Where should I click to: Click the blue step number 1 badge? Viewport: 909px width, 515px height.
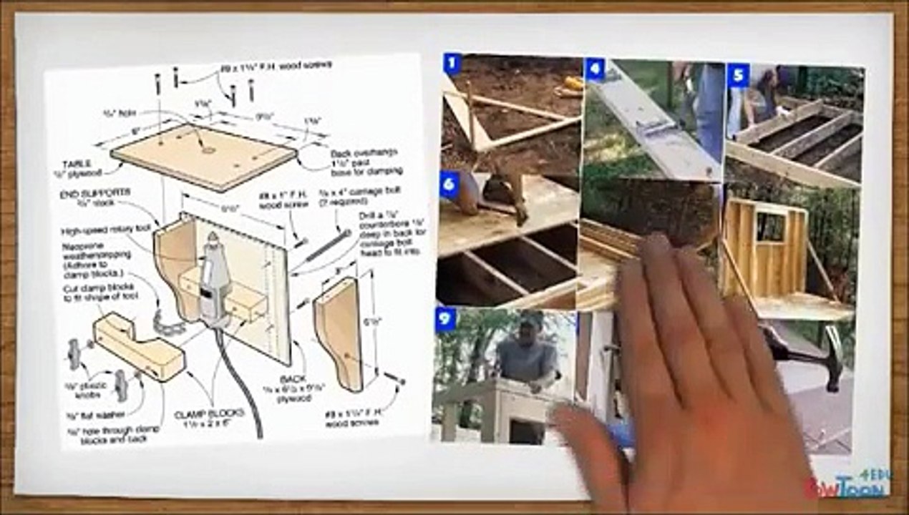(x=451, y=63)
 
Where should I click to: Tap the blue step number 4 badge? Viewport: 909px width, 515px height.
(x=594, y=69)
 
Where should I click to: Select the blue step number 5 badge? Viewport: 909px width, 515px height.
(x=738, y=74)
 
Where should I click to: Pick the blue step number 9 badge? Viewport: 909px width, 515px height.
(x=445, y=319)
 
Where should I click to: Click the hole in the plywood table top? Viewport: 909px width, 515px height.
(x=208, y=150)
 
